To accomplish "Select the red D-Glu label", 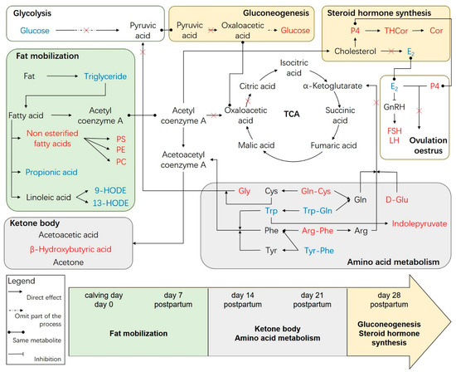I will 405,200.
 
